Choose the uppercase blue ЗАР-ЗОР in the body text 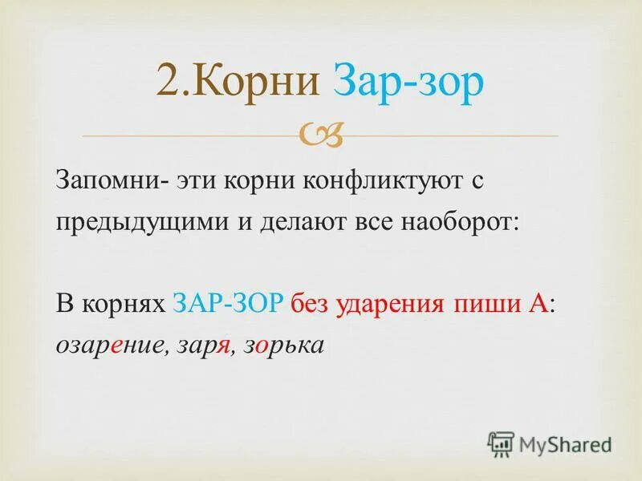click(228, 304)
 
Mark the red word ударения click(380, 304)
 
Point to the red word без click(308, 304)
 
